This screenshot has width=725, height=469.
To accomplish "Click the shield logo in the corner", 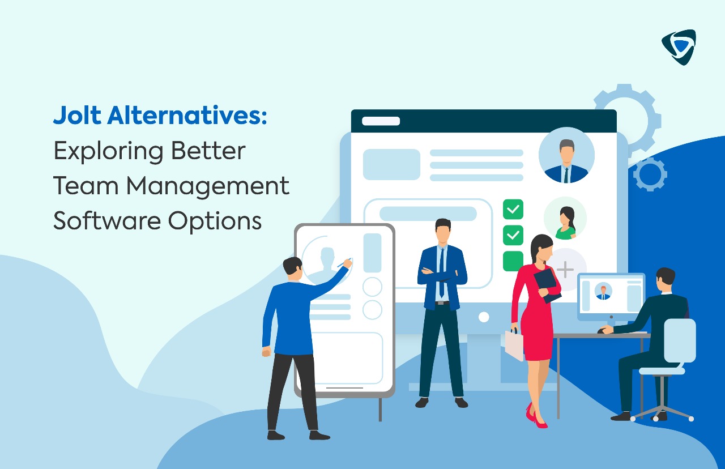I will point(678,47).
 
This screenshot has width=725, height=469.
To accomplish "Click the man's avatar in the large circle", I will point(566,155).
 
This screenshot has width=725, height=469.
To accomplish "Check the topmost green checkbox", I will point(513,209).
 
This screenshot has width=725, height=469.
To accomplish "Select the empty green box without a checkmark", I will point(513,261).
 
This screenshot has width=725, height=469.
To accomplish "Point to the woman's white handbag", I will point(514,345).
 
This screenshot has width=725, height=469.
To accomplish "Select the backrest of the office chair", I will point(679,340).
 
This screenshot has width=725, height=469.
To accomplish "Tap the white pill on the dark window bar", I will point(381,121).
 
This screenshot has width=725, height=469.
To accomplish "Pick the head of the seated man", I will point(665,279).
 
